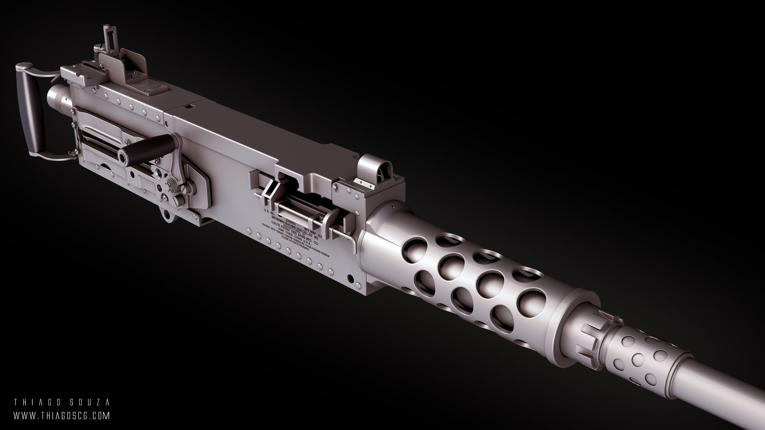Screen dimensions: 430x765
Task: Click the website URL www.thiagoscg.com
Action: [x=61, y=416]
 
